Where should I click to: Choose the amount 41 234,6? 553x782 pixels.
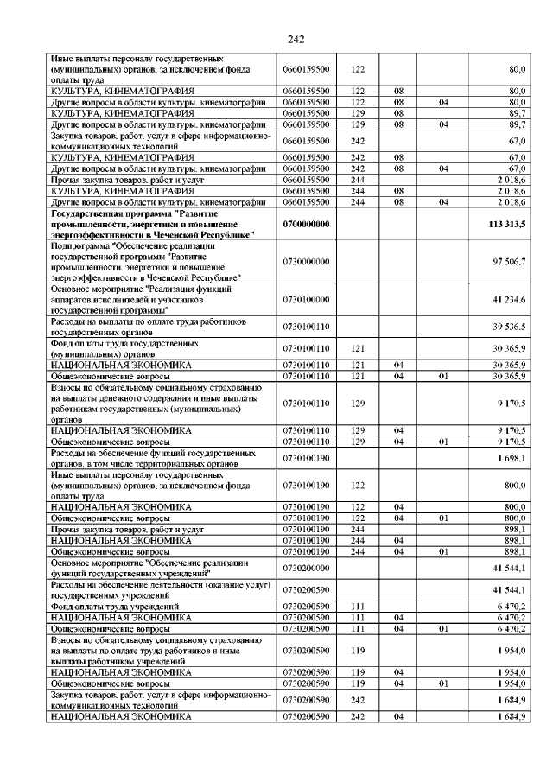click(x=509, y=298)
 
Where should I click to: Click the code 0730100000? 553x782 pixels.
click(x=307, y=298)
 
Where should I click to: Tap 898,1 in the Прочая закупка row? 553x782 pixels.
click(x=513, y=528)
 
